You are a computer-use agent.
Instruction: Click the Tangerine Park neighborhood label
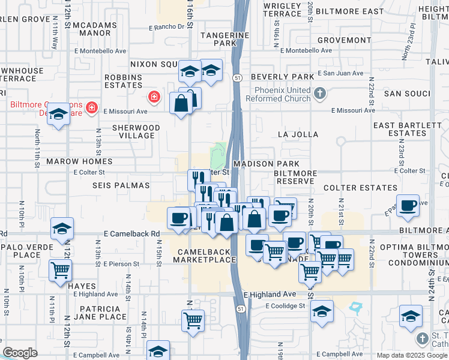pyautogui.click(x=224, y=39)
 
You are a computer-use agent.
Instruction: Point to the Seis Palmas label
pyautogui.click(x=121, y=185)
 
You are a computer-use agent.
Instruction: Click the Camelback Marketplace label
pyautogui.click(x=205, y=255)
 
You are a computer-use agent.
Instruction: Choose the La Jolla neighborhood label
pyautogui.click(x=298, y=134)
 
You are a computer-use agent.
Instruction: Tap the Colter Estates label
pyautogui.click(x=352, y=188)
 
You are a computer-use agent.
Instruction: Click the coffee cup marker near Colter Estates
pyautogui.click(x=408, y=205)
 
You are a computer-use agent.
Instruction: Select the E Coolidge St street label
pyautogui.click(x=286, y=306)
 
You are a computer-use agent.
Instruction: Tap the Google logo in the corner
pyautogui.click(x=20, y=353)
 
